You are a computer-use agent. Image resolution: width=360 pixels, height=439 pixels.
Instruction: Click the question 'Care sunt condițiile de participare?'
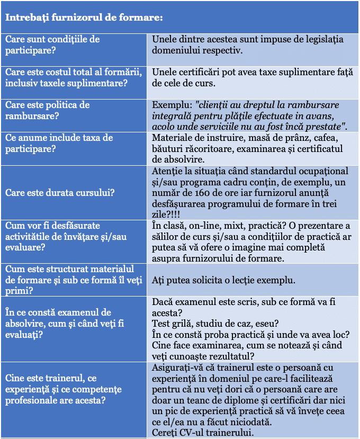(x=53, y=44)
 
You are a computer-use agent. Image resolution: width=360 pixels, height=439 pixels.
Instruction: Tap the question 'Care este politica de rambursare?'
(x=48, y=110)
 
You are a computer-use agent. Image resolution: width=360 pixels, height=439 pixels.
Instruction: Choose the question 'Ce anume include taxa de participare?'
(x=59, y=143)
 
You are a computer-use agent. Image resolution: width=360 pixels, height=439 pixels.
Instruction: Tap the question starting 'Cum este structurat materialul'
(x=70, y=280)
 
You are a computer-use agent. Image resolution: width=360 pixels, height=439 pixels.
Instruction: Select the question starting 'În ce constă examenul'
(x=59, y=323)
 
